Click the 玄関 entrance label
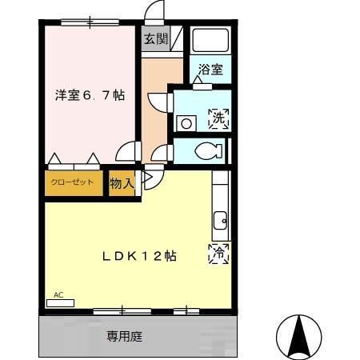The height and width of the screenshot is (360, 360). pyautogui.click(x=155, y=39)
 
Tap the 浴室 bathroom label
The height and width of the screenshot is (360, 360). pyautogui.click(x=211, y=69)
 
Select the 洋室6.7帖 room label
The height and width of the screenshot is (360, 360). pyautogui.click(x=90, y=95)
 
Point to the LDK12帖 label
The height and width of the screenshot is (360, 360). pyautogui.click(x=138, y=256)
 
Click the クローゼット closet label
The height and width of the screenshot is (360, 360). pyautogui.click(x=73, y=182)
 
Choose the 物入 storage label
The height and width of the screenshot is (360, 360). pyautogui.click(x=121, y=184)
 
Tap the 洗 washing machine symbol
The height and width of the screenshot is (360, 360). pyautogui.click(x=219, y=119)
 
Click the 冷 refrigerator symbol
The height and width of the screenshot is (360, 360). pyautogui.click(x=218, y=253)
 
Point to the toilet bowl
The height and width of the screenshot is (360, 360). pyautogui.click(x=210, y=150)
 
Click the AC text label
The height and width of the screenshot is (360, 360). pyautogui.click(x=58, y=295)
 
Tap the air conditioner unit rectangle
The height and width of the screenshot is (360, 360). pyautogui.click(x=59, y=303)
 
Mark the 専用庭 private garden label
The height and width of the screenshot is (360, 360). pyautogui.click(x=125, y=337)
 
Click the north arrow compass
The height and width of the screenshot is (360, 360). pyautogui.click(x=299, y=336)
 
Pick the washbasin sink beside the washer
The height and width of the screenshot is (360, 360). pyautogui.click(x=186, y=122)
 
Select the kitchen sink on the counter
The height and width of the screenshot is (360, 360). pyautogui.click(x=220, y=218)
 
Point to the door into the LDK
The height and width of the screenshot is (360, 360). pyautogui.click(x=150, y=179)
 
